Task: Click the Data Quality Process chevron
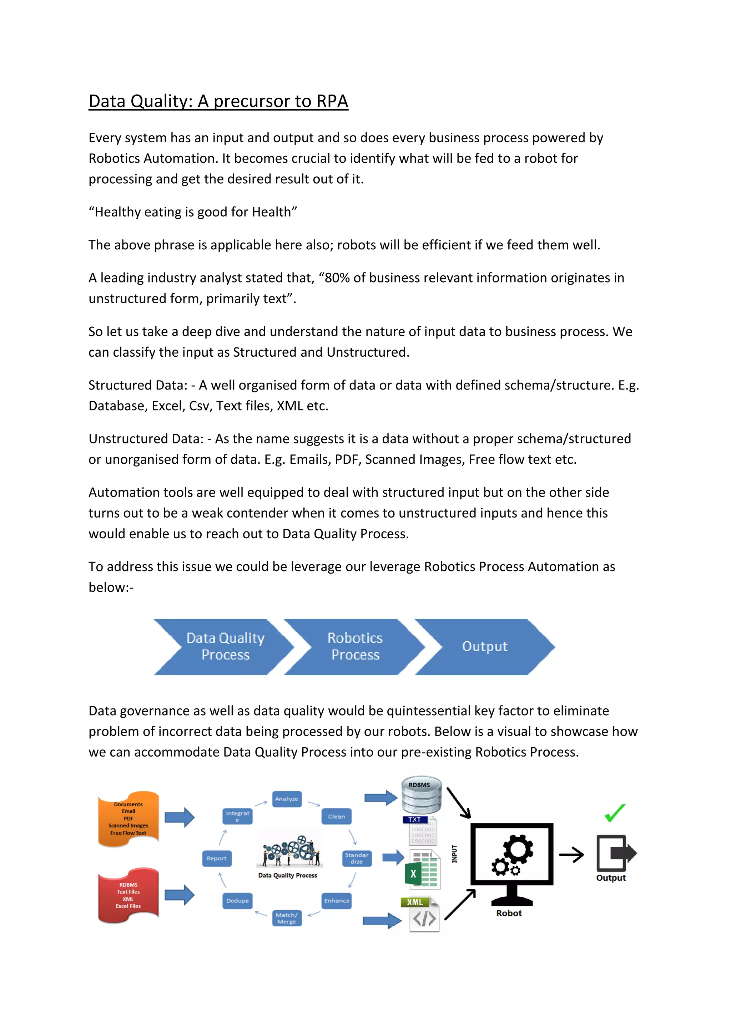(225, 647)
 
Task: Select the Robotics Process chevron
(355, 647)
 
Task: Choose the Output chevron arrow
(484, 647)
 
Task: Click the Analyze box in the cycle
(287, 799)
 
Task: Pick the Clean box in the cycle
(336, 816)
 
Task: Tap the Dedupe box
(237, 901)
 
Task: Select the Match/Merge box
(287, 918)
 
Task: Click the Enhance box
(336, 901)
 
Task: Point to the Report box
(217, 859)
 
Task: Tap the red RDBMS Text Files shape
(128, 895)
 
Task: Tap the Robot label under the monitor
(509, 913)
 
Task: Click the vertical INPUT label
(455, 854)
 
